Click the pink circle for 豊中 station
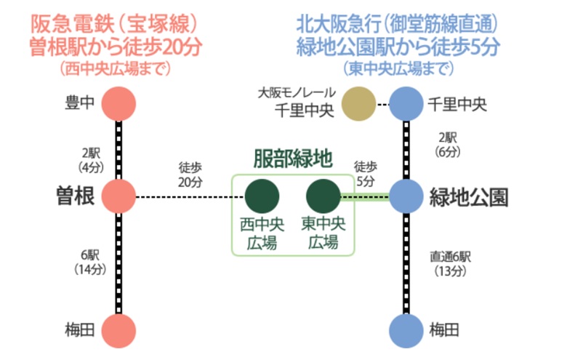pyautogui.click(x=118, y=104)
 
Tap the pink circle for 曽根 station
pyautogui.click(x=118, y=196)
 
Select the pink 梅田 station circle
pyautogui.click(x=118, y=331)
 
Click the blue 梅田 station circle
pyautogui.click(x=406, y=331)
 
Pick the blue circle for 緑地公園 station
pyautogui.click(x=406, y=196)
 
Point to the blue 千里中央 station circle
pyautogui.click(x=406, y=104)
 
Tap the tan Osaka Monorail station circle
pyautogui.click(x=358, y=104)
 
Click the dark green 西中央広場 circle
pyautogui.click(x=262, y=196)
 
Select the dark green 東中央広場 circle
pyautogui.click(x=323, y=196)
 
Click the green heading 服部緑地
pyautogui.click(x=293, y=159)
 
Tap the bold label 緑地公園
pyautogui.click(x=469, y=197)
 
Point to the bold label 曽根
pyautogui.click(x=76, y=196)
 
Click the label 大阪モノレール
pyautogui.click(x=297, y=93)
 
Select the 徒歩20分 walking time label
pyautogui.click(x=190, y=175)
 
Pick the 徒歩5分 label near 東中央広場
pyautogui.click(x=366, y=174)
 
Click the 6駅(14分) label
pyautogui.click(x=90, y=262)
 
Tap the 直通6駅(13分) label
pyautogui.click(x=450, y=263)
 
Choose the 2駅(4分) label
pyautogui.click(x=91, y=160)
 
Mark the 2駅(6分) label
pyautogui.click(x=447, y=145)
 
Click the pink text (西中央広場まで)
pyautogui.click(x=116, y=68)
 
